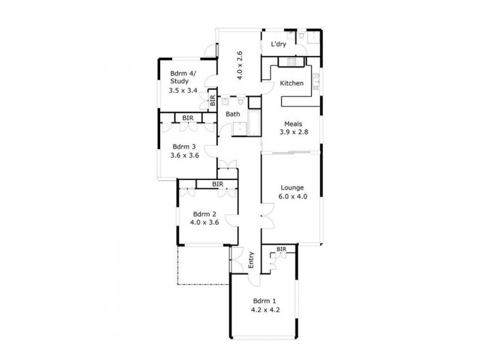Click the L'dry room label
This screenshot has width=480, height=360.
click(x=278, y=44)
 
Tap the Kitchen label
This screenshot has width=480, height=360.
click(x=292, y=83)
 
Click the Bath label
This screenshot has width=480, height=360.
click(x=233, y=114)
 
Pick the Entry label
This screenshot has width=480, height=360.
click(x=251, y=259)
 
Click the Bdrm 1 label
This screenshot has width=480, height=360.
click(x=265, y=301)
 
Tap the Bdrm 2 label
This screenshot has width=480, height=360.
click(x=205, y=214)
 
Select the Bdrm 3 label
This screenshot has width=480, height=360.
click(x=184, y=146)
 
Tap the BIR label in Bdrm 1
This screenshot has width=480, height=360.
click(x=281, y=249)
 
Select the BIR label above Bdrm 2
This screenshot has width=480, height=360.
click(x=217, y=184)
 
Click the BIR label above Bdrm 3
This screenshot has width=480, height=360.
click(x=188, y=118)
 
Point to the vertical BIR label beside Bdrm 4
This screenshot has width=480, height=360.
click(x=212, y=100)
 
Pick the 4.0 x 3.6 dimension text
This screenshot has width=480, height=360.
click(x=205, y=222)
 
